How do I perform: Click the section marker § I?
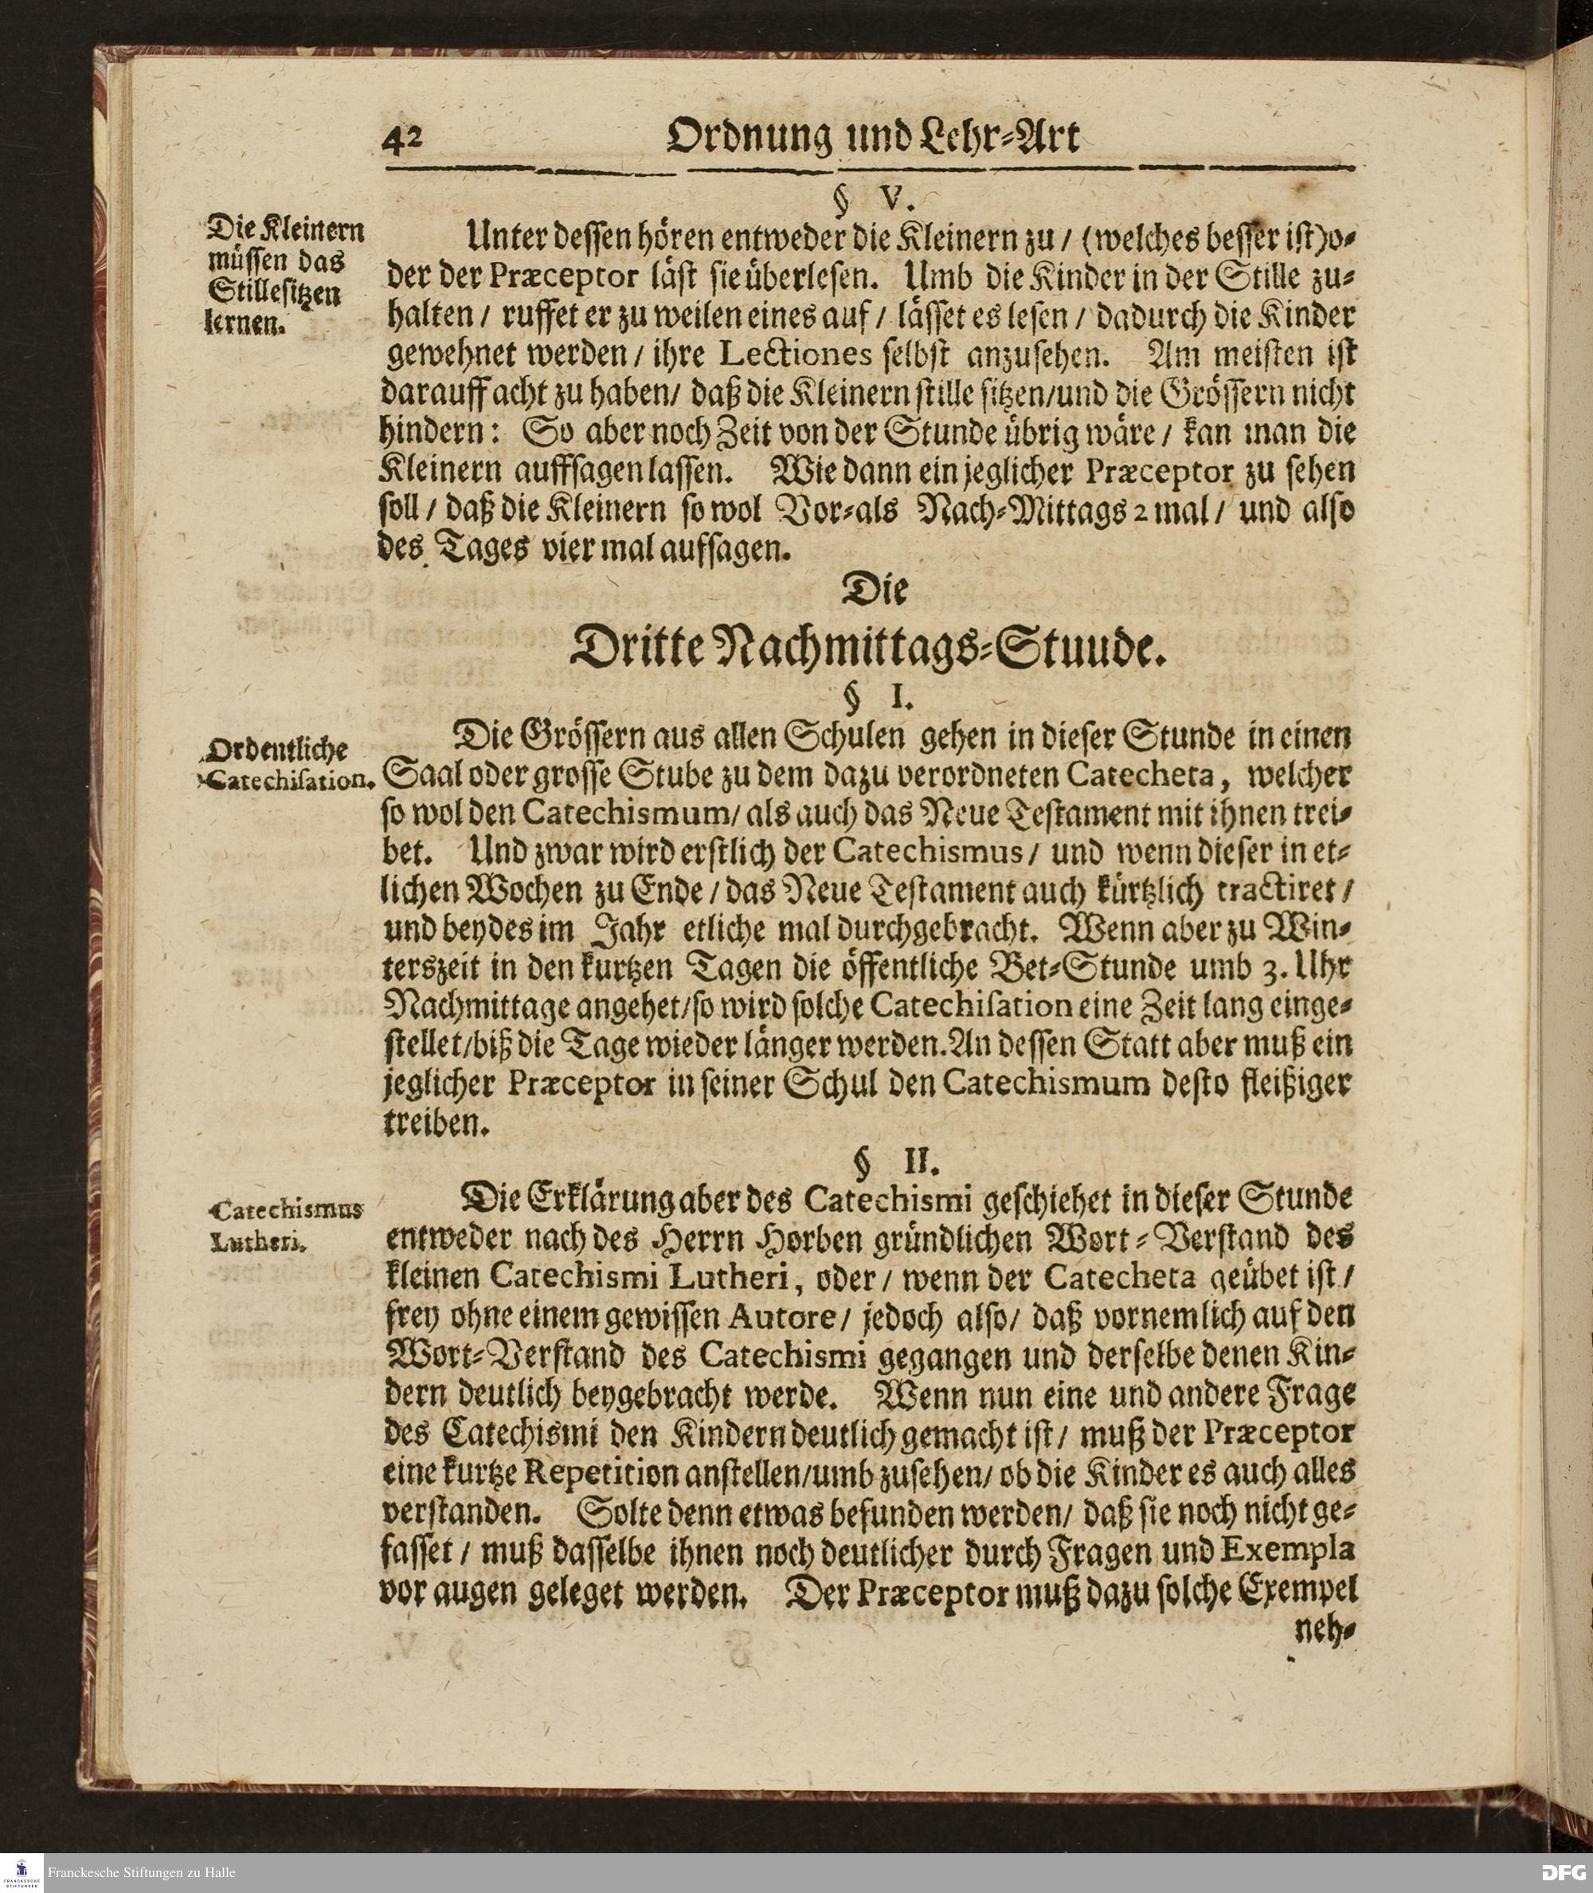tap(866, 698)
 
